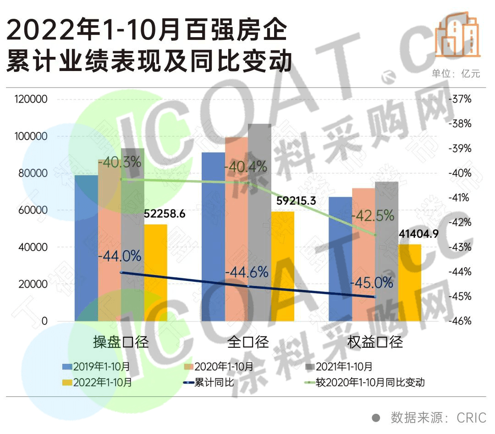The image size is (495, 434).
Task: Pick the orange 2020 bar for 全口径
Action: (236, 229)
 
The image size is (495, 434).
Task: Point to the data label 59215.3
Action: (296, 200)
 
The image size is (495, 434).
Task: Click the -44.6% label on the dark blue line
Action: (247, 272)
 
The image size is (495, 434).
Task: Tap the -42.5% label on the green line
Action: (372, 215)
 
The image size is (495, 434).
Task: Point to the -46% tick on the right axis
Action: (461, 321)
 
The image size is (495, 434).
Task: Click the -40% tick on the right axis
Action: (461, 173)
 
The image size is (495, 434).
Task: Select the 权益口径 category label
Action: (375, 342)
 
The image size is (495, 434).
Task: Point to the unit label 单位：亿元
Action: (456, 74)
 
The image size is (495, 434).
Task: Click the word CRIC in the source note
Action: (471, 418)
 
